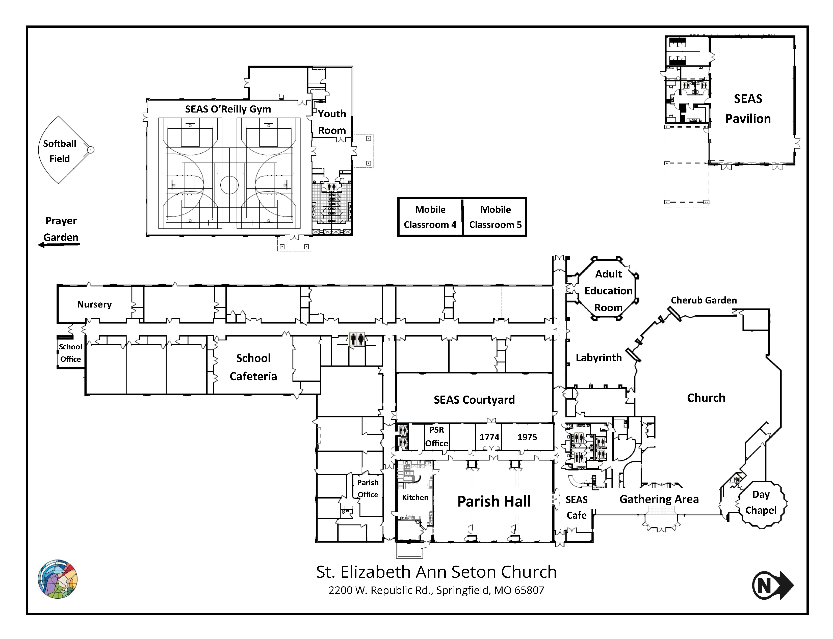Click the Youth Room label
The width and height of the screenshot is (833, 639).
332,122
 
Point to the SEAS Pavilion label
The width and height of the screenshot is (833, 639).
748,109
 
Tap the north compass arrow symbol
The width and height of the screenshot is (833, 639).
772,585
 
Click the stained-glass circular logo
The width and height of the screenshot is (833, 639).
58,579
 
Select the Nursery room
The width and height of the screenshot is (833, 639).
95,304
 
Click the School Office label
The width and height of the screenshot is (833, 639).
70,353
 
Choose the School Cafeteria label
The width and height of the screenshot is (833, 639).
253,367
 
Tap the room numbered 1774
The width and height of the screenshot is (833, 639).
489,437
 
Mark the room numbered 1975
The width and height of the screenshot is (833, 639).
527,437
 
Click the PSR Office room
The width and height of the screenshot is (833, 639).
436,437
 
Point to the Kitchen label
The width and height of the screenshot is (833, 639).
415,497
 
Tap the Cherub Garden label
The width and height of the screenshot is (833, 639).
704,300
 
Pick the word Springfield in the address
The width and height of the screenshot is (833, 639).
463,590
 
